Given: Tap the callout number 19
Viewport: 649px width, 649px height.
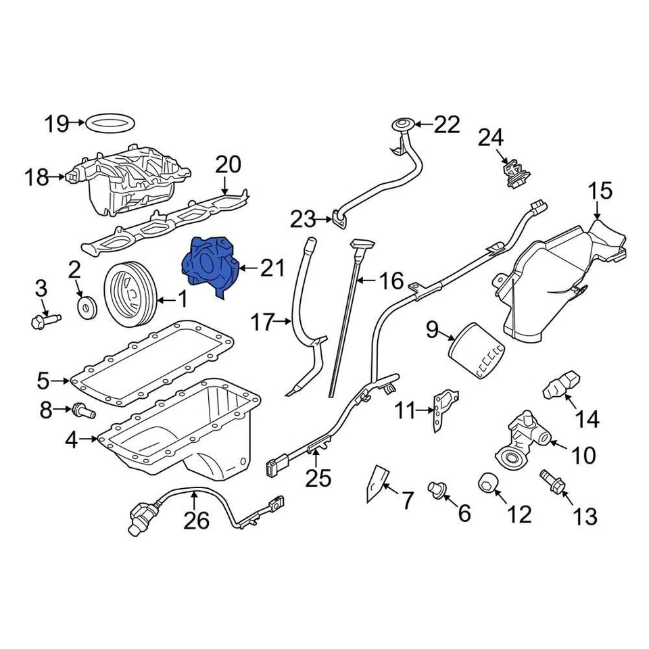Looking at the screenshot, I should (x=57, y=124).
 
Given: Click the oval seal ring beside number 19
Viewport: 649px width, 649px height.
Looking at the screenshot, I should (x=112, y=124).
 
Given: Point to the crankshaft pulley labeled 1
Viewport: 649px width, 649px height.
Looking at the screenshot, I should (x=129, y=297).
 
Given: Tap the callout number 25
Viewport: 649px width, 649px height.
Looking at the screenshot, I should (x=318, y=478).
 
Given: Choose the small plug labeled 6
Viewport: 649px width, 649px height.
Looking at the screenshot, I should (x=437, y=488).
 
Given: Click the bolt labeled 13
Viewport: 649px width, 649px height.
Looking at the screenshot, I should (x=550, y=482).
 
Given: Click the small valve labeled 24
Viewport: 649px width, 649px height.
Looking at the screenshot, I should (x=514, y=172).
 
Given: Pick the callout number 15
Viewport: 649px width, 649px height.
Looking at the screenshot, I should (x=600, y=191).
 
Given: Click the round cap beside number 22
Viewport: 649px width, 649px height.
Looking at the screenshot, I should (x=402, y=125).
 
